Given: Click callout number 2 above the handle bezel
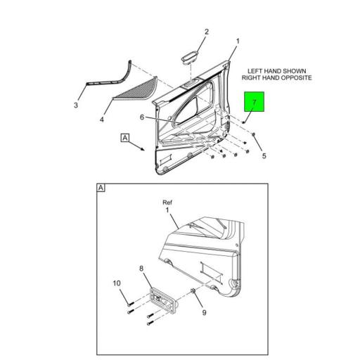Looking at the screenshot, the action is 206,32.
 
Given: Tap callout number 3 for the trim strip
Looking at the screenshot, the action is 76,105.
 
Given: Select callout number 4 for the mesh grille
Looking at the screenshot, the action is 102,120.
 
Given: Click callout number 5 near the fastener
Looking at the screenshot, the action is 264,156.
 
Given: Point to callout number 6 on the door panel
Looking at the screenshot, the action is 142,117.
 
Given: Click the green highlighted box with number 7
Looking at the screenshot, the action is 255,101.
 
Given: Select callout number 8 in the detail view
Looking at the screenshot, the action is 141,269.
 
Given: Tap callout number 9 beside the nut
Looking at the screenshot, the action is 205,312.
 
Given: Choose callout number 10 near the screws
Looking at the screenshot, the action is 117,283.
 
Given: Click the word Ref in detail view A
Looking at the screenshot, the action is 167,202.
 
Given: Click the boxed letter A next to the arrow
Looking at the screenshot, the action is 125,138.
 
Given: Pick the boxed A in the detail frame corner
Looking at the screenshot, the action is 101,188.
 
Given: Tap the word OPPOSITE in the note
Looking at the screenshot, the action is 296,78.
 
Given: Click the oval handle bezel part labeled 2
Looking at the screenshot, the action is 191,57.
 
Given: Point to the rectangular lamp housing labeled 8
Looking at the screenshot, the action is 164,301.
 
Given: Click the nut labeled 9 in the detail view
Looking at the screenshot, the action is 193,291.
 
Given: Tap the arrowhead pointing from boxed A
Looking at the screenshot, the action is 143,149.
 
